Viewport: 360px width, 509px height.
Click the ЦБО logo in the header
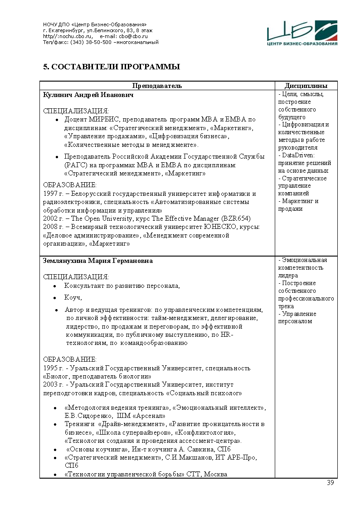tap(302, 33)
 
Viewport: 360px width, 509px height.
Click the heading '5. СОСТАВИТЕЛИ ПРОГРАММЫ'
tap(112, 67)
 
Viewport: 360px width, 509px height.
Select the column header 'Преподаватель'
tap(157, 86)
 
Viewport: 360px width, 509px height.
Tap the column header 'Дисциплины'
tap(306, 86)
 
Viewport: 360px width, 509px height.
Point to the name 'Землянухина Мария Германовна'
tap(97, 261)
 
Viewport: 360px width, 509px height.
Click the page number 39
tap(330, 482)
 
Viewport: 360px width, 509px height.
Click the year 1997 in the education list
tap(49, 194)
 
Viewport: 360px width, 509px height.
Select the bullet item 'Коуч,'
tap(73, 298)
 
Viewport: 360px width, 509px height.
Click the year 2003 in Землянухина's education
tap(49, 384)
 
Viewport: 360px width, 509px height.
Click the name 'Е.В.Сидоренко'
tap(88, 415)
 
